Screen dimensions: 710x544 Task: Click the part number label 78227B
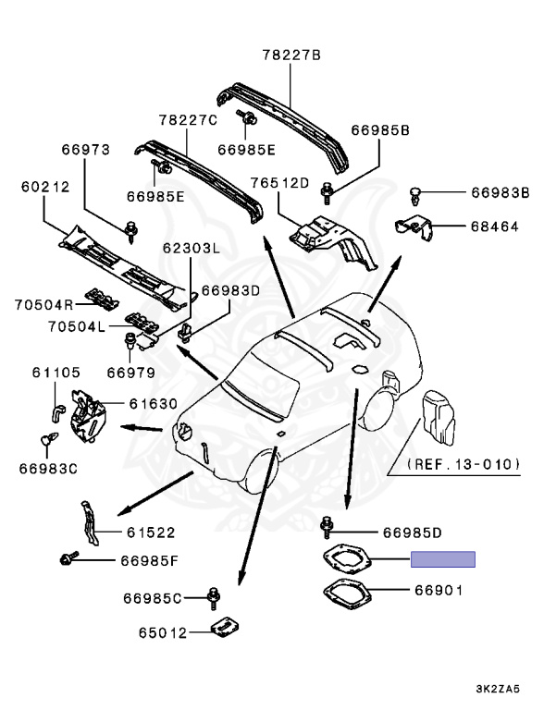pos(289,55)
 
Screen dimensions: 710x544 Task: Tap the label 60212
pos(44,187)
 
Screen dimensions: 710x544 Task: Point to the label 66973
pos(85,148)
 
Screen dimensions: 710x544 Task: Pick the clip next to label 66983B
pos(416,193)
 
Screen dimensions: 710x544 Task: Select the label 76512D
pos(278,183)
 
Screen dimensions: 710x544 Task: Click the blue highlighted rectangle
pos(442,558)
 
